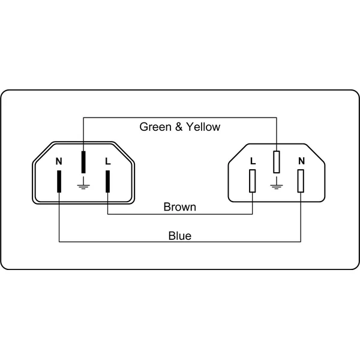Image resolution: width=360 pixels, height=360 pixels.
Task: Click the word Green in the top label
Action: click(x=155, y=127)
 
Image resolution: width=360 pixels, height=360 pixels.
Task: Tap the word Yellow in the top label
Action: click(x=203, y=127)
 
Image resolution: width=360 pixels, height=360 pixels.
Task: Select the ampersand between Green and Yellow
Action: click(x=179, y=127)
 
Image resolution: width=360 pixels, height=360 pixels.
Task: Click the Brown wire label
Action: click(x=180, y=207)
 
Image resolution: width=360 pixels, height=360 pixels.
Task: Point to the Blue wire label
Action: click(x=180, y=236)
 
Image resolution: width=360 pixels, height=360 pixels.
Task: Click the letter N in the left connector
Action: click(x=59, y=161)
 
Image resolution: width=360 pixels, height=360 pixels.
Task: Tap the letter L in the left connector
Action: click(x=108, y=161)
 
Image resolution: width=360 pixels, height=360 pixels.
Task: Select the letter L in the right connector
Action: click(x=253, y=161)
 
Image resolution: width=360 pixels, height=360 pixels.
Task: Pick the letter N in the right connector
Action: click(x=301, y=161)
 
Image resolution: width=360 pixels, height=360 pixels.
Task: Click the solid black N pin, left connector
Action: click(x=59, y=181)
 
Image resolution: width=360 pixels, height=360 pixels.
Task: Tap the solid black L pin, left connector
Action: click(x=107, y=181)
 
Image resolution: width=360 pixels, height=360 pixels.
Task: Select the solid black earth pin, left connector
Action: click(x=83, y=162)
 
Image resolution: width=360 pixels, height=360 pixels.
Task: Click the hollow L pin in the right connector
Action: click(x=253, y=181)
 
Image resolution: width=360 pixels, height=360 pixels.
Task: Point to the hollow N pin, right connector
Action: click(x=301, y=181)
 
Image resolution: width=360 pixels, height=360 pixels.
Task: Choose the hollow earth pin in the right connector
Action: click(x=277, y=162)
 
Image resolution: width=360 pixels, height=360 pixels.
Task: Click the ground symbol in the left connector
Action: click(x=83, y=183)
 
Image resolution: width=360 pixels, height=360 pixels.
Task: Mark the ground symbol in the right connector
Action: click(x=277, y=183)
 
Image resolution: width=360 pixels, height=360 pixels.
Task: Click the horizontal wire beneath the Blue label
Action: click(x=180, y=242)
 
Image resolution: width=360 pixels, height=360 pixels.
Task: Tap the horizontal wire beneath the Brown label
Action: click(x=180, y=214)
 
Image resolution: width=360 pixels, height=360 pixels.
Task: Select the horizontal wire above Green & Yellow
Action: click(x=180, y=118)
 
